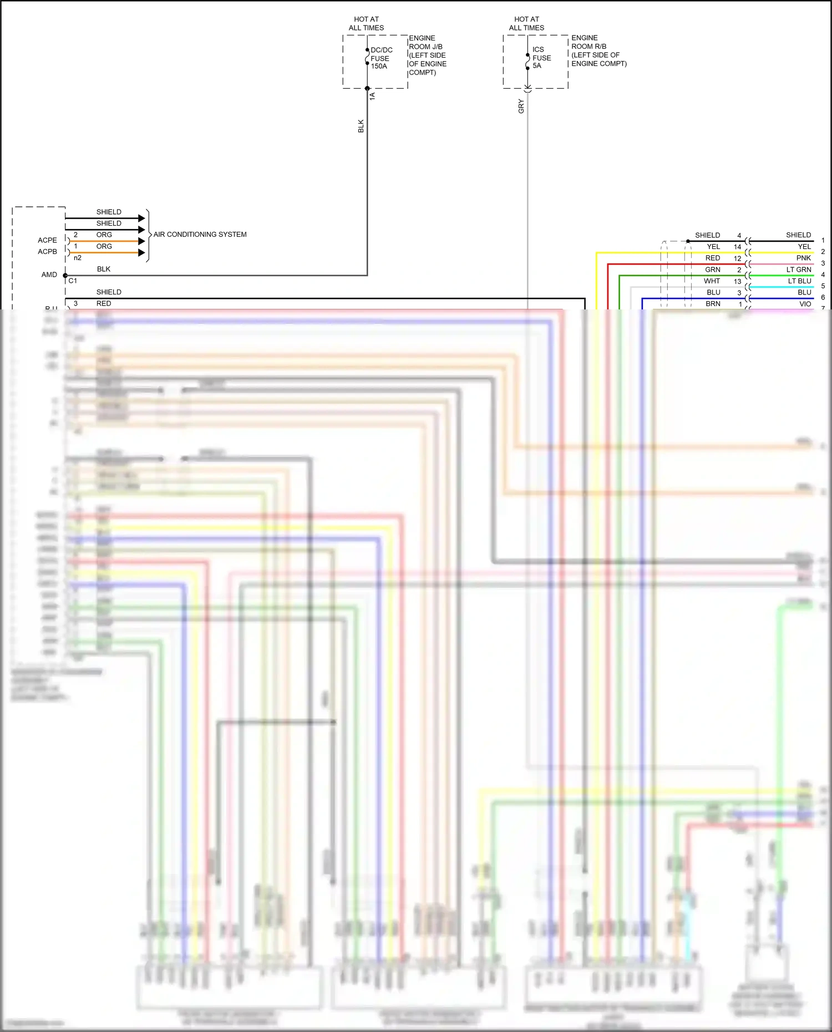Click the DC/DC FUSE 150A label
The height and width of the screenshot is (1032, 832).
click(381, 58)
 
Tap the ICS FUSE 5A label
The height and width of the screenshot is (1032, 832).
click(541, 58)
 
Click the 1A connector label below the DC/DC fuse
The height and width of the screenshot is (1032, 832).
click(373, 96)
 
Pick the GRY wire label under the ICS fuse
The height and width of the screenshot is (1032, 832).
click(521, 106)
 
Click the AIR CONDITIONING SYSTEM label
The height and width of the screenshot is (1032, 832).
click(200, 235)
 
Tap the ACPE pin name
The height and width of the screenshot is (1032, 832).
click(47, 240)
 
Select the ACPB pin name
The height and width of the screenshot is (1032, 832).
click(47, 252)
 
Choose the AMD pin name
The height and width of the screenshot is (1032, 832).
click(49, 274)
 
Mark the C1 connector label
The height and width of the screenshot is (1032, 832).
click(73, 281)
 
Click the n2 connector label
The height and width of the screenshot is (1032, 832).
click(78, 258)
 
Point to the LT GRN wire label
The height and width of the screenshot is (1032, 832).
click(798, 270)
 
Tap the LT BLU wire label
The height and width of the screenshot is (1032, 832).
click(799, 281)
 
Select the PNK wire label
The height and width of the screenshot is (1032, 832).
click(803, 258)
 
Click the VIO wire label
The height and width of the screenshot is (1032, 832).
click(805, 304)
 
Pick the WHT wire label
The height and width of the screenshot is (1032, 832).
click(712, 281)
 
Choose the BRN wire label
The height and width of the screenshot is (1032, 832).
click(713, 304)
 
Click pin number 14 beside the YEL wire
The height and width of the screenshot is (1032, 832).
click(737, 247)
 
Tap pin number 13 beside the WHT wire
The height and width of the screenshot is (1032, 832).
click(737, 281)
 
